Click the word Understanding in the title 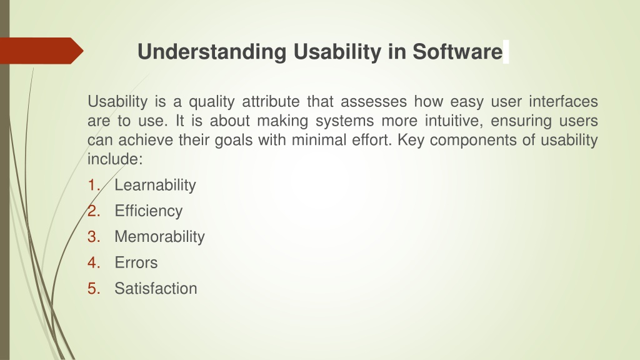[x=212, y=52]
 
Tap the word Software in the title [x=457, y=51]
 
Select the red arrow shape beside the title [x=42, y=51]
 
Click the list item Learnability [x=155, y=185]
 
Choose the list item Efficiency [x=149, y=211]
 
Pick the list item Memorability [x=159, y=237]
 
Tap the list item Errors [x=136, y=262]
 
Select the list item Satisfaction [x=156, y=288]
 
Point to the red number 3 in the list [x=94, y=237]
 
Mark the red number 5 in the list [x=94, y=288]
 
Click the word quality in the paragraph [x=211, y=102]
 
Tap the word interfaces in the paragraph [x=563, y=101]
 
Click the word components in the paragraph [x=472, y=141]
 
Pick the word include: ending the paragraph [x=115, y=159]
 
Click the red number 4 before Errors [x=94, y=262]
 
